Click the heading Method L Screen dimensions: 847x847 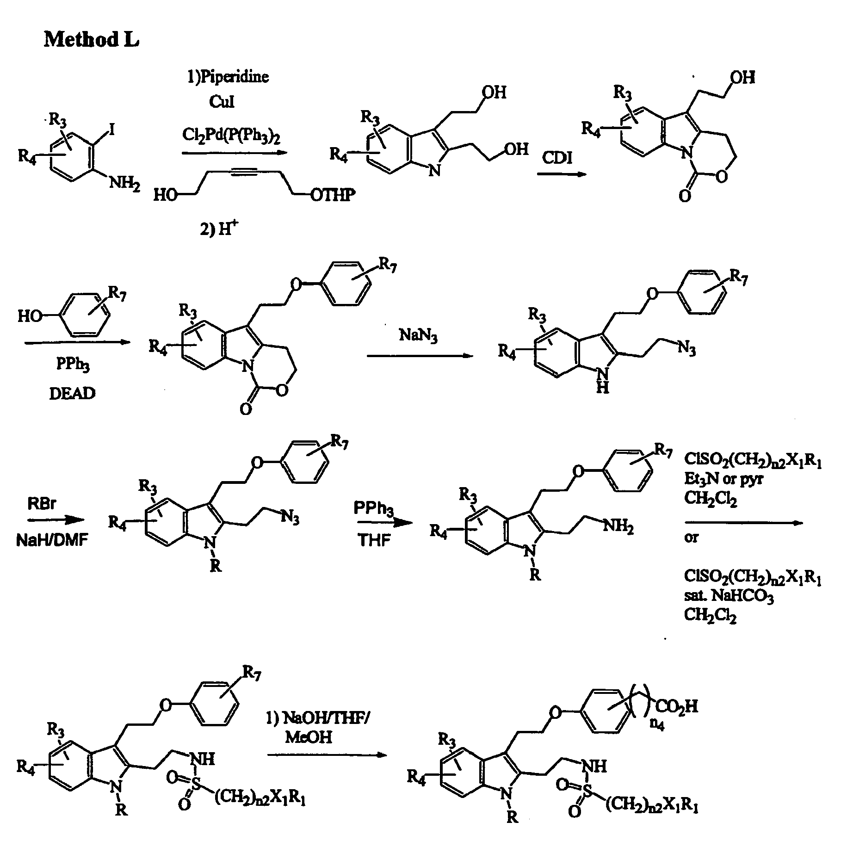[x=91, y=40]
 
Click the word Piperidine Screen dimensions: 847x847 [x=234, y=76]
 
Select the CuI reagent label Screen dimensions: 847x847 [x=222, y=101]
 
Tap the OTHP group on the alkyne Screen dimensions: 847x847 [x=333, y=196]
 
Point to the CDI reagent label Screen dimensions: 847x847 [x=557, y=158]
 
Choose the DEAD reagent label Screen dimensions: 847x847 [x=73, y=393]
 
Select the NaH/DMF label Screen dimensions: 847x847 [x=52, y=540]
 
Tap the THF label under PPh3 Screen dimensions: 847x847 [x=375, y=540]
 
